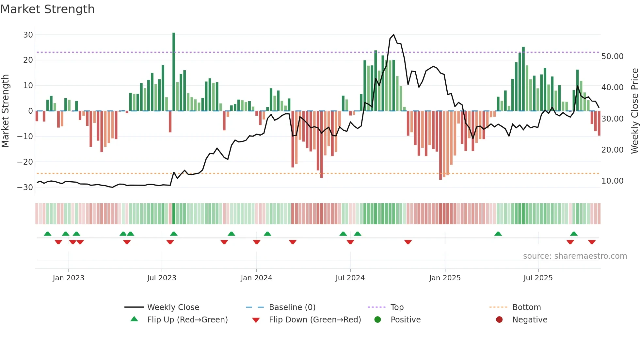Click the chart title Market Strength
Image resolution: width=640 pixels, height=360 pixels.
tap(47, 9)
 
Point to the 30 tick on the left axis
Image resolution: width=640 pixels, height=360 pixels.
tap(28, 35)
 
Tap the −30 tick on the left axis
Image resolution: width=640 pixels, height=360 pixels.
tap(25, 188)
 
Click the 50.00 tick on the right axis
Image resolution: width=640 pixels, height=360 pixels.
tap(612, 57)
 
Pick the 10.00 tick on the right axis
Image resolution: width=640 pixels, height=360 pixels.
tap(612, 181)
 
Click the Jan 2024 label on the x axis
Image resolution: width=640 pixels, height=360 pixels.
tap(256, 278)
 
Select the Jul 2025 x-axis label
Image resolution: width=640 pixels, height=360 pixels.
tap(538, 278)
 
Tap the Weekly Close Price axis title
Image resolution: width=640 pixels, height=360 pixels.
tap(634, 111)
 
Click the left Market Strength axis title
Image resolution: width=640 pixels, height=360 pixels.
tap(5, 111)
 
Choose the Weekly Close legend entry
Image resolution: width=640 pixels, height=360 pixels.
tap(173, 307)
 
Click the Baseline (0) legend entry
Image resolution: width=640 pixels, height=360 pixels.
tap(292, 307)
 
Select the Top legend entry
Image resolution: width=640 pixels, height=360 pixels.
tap(397, 307)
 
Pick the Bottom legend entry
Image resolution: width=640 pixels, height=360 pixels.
tap(526, 307)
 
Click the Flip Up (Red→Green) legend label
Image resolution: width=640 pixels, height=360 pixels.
tap(187, 320)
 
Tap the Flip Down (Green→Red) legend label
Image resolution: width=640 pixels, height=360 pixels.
tap(315, 320)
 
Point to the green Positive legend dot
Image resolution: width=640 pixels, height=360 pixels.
tap(378, 320)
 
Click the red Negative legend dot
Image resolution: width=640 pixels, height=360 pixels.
tap(499, 320)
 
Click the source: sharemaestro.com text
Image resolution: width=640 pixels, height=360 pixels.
tap(575, 256)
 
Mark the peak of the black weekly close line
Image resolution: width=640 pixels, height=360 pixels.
tap(393, 35)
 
